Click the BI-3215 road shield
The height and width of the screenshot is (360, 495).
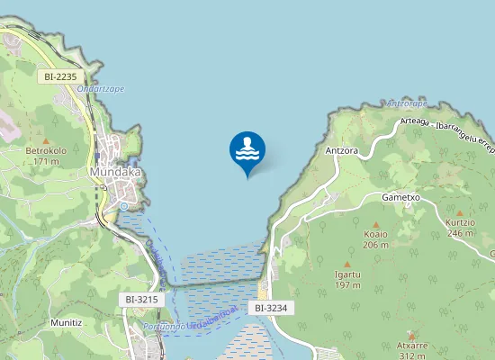click(x=141, y=299)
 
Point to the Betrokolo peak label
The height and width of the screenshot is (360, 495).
click(x=46, y=149)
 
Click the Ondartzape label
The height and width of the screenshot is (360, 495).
click(x=100, y=88)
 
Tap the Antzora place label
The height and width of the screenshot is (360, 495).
click(x=343, y=151)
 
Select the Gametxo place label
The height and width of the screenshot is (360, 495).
click(x=401, y=196)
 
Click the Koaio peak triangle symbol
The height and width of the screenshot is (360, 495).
click(x=375, y=224)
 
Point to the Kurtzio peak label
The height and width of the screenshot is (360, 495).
click(x=460, y=221)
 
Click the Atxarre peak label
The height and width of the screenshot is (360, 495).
click(x=412, y=346)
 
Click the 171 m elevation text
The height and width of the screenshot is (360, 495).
click(x=46, y=161)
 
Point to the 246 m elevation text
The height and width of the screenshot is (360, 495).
click(x=460, y=233)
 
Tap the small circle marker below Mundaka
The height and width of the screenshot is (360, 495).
click(x=123, y=206)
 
